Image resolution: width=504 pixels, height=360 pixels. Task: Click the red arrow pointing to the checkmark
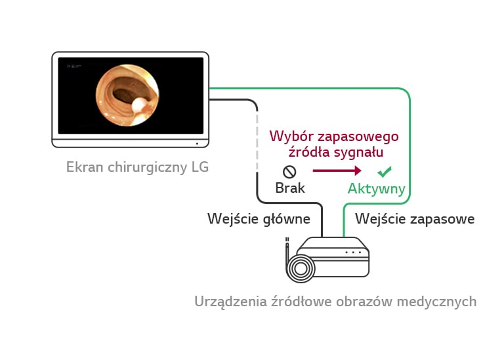coord(337,171)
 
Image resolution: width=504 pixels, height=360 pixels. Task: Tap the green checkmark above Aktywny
coord(384,172)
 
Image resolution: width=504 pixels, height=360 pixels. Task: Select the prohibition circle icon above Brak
coord(289,172)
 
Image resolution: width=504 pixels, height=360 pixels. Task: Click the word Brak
coord(290,188)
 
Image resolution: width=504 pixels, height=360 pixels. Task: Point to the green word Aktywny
coord(377,189)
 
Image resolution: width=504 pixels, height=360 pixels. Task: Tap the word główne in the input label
coord(287,219)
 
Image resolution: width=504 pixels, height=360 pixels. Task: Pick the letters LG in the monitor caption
coord(199,167)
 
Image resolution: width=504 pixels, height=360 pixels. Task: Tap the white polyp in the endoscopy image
coord(140,105)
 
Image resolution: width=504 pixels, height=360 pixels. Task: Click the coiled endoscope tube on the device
coord(303,268)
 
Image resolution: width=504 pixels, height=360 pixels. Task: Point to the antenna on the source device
coord(287,246)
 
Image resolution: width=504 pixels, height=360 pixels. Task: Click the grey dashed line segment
coord(256,138)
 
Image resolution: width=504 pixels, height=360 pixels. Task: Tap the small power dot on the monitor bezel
coord(196,144)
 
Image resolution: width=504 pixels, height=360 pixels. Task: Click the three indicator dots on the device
coord(353,252)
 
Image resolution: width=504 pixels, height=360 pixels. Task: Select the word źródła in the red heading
coord(310,152)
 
